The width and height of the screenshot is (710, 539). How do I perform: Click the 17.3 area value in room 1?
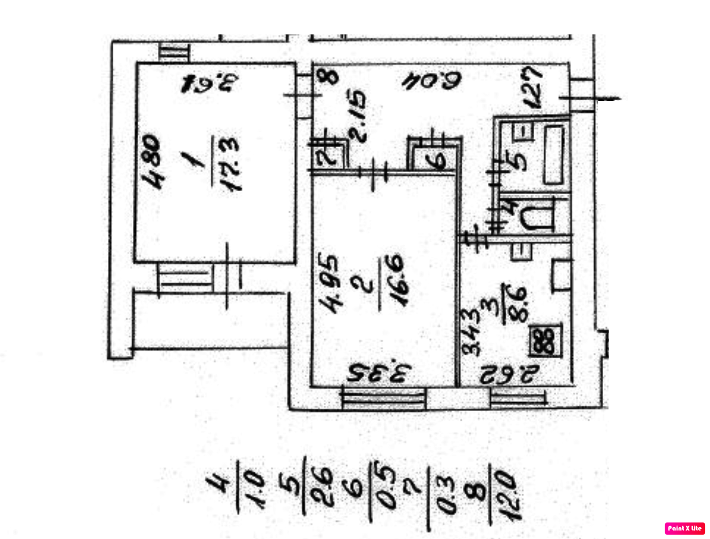231,164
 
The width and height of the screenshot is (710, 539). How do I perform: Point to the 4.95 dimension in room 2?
330,283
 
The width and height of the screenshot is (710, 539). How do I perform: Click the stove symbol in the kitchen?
545,341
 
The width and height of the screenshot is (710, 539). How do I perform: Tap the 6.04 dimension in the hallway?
432,80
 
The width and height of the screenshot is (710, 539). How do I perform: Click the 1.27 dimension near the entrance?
533,87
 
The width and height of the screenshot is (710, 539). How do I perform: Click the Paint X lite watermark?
685,528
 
